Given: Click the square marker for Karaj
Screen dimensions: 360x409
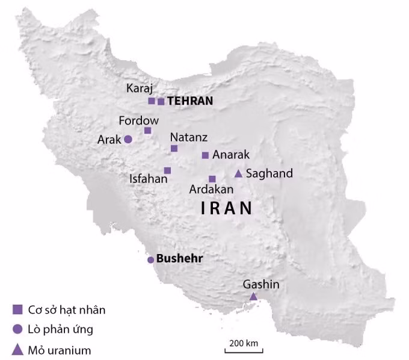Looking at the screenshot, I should (x=152, y=101).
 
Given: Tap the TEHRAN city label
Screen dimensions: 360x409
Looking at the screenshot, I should (x=190, y=101).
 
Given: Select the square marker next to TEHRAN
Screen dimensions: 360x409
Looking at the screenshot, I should (x=161, y=102).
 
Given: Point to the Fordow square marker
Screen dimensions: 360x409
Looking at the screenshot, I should (x=147, y=131).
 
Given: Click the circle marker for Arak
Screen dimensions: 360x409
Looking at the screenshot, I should (x=128, y=139).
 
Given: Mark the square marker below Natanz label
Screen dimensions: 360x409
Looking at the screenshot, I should (x=174, y=148).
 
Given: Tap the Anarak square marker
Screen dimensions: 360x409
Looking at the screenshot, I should (x=205, y=155).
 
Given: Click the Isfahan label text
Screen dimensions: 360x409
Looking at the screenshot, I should (x=148, y=179).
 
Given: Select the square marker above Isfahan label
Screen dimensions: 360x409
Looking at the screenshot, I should (x=167, y=170).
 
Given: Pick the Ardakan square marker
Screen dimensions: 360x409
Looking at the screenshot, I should (x=212, y=179).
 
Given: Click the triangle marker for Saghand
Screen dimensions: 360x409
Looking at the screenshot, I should (x=238, y=174).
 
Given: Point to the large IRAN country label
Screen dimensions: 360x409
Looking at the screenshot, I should (x=226, y=209).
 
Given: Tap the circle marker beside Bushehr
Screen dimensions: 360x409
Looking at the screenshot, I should (x=150, y=260).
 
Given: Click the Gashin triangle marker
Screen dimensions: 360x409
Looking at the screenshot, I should (x=254, y=296).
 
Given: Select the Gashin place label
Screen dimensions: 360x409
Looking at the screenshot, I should (x=261, y=284).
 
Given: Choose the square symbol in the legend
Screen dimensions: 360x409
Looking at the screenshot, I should (x=17, y=310).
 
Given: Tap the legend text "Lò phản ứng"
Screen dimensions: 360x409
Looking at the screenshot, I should (x=61, y=329).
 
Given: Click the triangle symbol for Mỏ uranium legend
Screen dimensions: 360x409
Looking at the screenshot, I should (x=17, y=349).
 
